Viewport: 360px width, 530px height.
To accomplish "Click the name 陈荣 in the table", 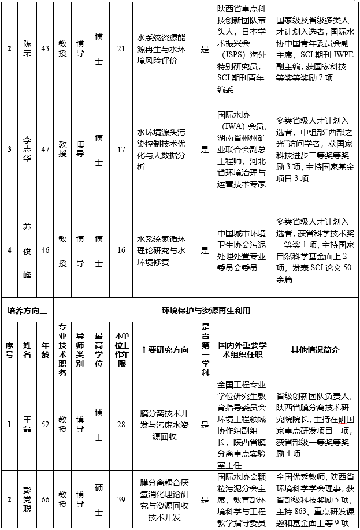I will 28,48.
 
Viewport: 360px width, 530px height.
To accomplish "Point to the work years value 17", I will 121,150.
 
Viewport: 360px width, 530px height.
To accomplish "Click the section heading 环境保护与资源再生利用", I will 206,311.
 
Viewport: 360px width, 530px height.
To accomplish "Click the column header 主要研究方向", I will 165,349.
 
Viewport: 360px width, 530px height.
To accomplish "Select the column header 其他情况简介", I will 315,349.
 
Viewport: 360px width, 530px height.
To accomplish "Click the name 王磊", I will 28,426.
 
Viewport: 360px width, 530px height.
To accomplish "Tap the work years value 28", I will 121,426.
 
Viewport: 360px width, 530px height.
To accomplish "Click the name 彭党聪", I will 28,500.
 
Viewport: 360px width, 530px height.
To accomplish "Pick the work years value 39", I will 121,500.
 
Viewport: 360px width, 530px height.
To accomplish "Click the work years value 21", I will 121,48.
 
